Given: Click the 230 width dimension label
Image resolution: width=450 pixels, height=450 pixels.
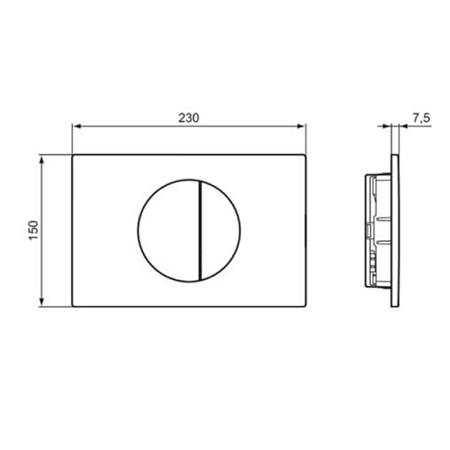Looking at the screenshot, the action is point(189,118).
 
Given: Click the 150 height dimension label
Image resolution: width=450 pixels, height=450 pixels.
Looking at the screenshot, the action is point(34,230).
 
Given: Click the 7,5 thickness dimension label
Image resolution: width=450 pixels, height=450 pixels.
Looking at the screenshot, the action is point(421,118).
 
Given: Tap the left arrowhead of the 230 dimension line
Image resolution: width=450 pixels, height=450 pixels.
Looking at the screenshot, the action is point(76,127).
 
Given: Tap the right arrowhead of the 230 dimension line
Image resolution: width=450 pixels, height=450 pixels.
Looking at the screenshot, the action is point(301,127).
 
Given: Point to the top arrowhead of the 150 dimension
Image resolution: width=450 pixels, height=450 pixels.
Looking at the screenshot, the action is point(42,159).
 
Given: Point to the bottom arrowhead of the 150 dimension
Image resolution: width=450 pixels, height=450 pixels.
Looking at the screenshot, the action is point(42,302).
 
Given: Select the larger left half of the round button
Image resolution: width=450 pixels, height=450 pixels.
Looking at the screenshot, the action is point(168,230).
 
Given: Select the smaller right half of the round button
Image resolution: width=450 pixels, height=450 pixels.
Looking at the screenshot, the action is point(221,230).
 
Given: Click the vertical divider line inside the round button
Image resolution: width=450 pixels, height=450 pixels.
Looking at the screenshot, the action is point(200,230).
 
